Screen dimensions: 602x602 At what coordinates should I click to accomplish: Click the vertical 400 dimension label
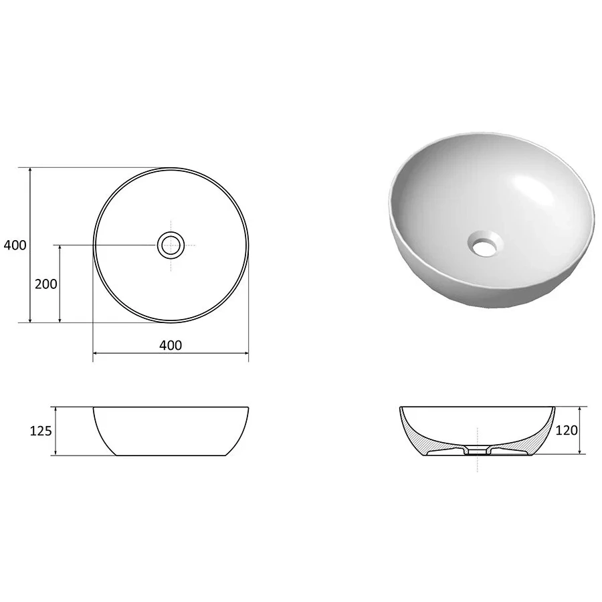15,245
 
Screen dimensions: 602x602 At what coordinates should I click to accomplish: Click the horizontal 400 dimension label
171,346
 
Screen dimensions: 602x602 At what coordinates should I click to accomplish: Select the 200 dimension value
46,284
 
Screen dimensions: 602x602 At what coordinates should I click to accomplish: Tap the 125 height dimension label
41,431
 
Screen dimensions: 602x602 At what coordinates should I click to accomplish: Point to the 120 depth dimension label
567,430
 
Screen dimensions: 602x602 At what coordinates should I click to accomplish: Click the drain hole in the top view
171,245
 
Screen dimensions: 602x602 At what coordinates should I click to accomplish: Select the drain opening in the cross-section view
477,451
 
